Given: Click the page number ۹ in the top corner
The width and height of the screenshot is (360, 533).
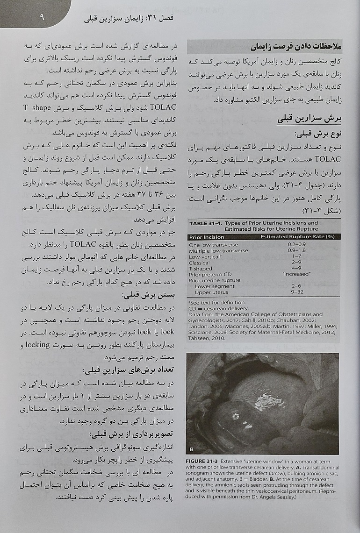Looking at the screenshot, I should (42, 18).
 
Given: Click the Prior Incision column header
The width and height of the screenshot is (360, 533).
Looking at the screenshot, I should (207, 237).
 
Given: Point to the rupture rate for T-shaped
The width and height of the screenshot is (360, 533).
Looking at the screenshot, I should (295, 269).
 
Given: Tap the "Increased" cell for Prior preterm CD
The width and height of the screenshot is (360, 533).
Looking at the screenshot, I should (295, 274).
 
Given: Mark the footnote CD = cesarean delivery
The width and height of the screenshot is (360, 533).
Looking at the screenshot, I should (218, 308).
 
